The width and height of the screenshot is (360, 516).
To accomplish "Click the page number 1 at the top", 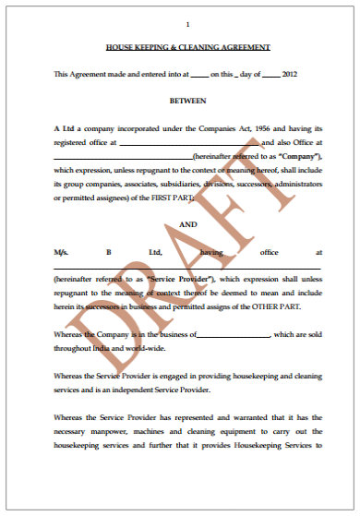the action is [x=187, y=24].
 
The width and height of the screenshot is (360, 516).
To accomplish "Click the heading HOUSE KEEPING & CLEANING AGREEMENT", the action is [x=187, y=47].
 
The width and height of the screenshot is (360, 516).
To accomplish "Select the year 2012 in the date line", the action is [x=289, y=74].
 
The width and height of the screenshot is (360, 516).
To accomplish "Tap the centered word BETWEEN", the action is [x=187, y=100].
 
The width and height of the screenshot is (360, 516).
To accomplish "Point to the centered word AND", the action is [x=187, y=224].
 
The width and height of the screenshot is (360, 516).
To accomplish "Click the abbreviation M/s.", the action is [x=62, y=251].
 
